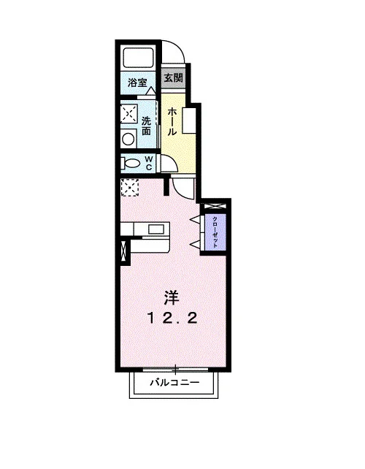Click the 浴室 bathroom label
pyautogui.click(x=137, y=83)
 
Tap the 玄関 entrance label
pyautogui.click(x=174, y=77)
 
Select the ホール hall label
pyautogui.click(x=172, y=122)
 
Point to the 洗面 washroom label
pyautogui.click(x=146, y=126)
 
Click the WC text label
pyautogui.click(x=149, y=163)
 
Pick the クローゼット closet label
pyautogui.click(x=215, y=232)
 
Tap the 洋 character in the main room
pyautogui.click(x=172, y=297)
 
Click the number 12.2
pyautogui.click(x=172, y=319)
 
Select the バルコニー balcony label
pyautogui.click(x=174, y=382)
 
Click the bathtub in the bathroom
pyautogui.click(x=138, y=58)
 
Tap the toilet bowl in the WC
pyautogui.click(x=131, y=164)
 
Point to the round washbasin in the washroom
pyautogui.click(x=128, y=139)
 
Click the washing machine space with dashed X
pyautogui.click(x=128, y=113)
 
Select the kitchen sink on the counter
pyautogui.click(x=156, y=229)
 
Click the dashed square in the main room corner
pyautogui.click(x=130, y=188)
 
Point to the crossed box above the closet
pyautogui.click(x=215, y=207)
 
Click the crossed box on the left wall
pyautogui.click(x=123, y=251)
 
